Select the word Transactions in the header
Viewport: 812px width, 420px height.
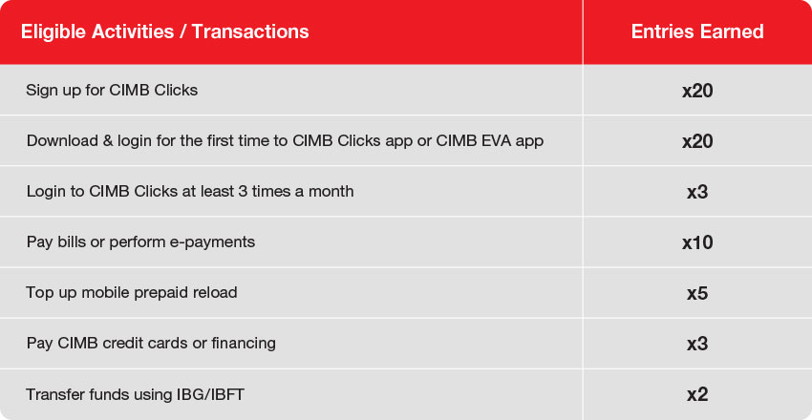click(250, 32)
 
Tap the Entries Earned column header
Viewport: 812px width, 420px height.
click(697, 32)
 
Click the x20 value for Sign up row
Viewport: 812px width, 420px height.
click(697, 91)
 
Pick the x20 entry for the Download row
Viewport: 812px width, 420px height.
click(697, 141)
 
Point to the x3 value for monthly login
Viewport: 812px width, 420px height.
click(697, 192)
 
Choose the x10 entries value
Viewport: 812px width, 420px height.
click(697, 242)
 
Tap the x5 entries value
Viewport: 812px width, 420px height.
click(697, 293)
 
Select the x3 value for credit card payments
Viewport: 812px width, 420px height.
click(697, 344)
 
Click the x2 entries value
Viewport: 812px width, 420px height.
click(697, 394)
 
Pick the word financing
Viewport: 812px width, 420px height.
click(244, 344)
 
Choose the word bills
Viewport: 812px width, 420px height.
click(65, 242)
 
